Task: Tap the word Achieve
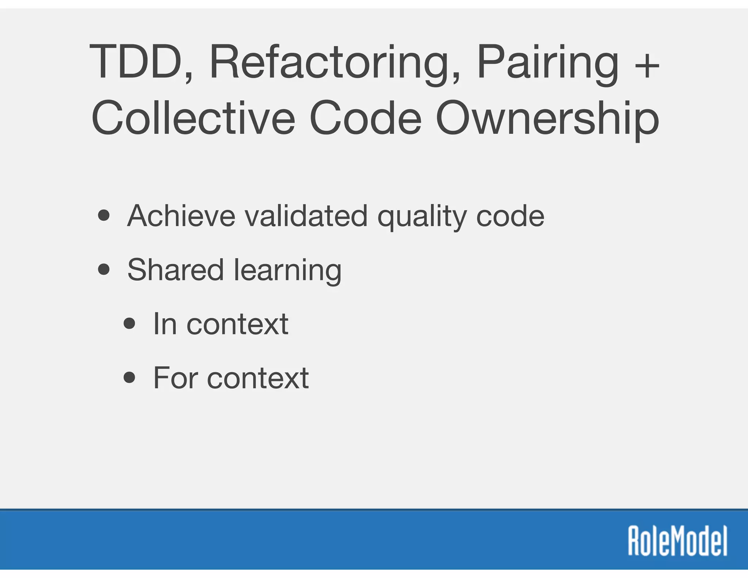click(x=181, y=216)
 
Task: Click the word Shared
click(x=175, y=270)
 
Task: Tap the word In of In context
click(x=165, y=324)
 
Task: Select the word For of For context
click(x=175, y=378)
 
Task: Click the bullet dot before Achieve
click(x=104, y=216)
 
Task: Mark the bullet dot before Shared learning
click(x=104, y=270)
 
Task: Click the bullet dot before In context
click(x=130, y=323)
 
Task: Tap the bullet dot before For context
click(x=130, y=377)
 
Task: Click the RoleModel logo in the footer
click(x=678, y=541)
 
